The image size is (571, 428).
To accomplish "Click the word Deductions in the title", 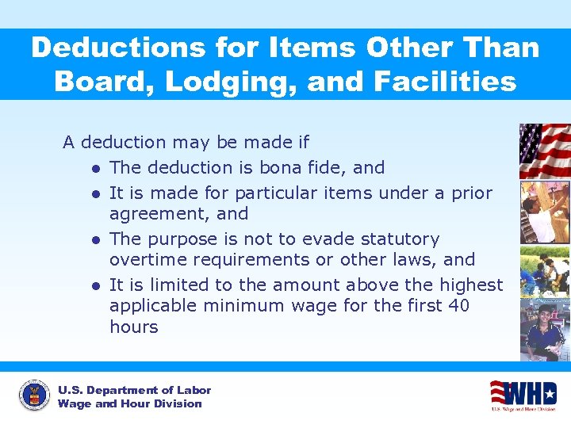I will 117,48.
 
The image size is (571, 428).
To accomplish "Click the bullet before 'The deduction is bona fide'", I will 94,168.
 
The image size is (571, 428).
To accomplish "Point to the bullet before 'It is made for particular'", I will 94,193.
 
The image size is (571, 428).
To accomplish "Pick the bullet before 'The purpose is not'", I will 94,239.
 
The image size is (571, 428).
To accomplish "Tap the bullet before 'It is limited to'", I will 94,285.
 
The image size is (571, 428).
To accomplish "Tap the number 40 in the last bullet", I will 458,305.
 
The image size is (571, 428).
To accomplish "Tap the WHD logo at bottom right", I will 523,395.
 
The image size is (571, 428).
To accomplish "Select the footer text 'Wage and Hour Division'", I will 129,403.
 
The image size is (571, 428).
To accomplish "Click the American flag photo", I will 544,151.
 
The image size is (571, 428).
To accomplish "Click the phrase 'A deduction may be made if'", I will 186,143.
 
